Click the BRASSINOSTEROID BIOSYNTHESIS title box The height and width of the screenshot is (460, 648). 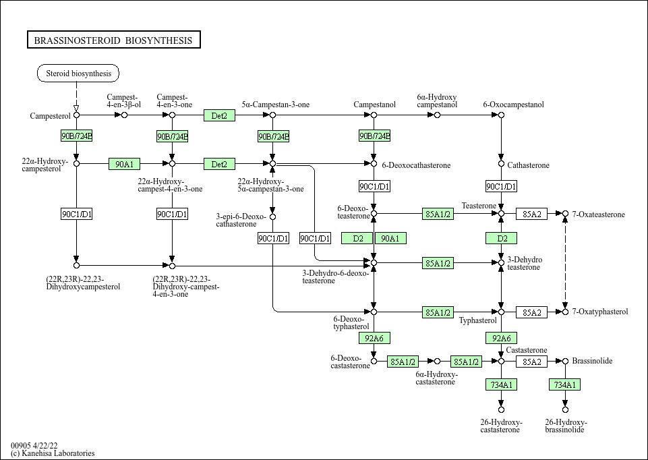click(x=113, y=40)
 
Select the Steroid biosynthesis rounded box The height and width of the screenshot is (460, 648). click(x=78, y=73)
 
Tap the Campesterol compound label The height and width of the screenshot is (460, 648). click(x=50, y=116)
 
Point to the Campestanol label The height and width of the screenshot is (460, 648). click(x=374, y=105)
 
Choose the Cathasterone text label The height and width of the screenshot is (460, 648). click(x=528, y=165)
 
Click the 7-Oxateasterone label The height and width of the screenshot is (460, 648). click(x=599, y=214)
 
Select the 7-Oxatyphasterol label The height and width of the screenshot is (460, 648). click(x=600, y=312)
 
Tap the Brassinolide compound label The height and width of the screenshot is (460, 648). click(x=592, y=361)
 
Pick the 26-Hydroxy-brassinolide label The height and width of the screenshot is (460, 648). click(x=565, y=426)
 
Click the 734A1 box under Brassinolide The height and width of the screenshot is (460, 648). click(x=564, y=384)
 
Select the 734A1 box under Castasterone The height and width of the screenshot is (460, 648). click(x=501, y=384)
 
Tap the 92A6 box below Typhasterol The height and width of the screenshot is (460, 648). click(x=501, y=338)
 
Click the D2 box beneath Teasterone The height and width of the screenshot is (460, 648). click(x=501, y=238)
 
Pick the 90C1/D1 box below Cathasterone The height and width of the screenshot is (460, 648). click(x=501, y=186)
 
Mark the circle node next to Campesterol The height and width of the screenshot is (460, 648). click(x=76, y=115)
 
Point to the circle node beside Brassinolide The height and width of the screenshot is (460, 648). click(x=565, y=362)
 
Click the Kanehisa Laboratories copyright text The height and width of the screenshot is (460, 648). click(x=53, y=453)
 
